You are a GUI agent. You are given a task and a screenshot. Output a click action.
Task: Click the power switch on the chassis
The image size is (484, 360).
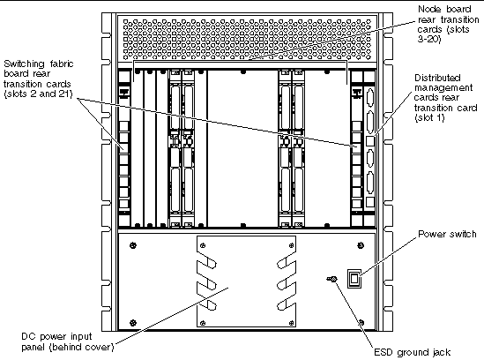point(354,279)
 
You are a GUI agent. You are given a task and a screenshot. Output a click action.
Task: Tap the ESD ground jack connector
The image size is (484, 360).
point(332,279)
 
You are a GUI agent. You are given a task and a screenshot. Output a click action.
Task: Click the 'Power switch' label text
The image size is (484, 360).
point(447,234)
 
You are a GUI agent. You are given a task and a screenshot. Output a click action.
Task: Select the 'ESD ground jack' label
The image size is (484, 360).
point(412,352)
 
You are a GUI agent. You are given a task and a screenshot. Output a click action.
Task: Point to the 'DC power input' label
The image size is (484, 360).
point(56,336)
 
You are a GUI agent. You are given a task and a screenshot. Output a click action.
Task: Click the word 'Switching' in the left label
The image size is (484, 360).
point(24,64)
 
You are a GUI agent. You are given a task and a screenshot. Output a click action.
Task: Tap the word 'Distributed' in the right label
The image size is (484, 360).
point(437,78)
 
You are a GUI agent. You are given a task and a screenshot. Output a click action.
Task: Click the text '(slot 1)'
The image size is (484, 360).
point(429,117)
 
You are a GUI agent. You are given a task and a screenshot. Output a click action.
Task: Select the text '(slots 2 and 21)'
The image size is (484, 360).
point(38,94)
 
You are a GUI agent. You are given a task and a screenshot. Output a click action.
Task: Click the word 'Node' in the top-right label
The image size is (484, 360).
point(428,10)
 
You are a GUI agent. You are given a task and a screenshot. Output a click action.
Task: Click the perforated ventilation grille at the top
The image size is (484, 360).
point(247,39)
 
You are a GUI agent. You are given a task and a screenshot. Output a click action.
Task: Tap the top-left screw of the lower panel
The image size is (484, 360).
point(133,245)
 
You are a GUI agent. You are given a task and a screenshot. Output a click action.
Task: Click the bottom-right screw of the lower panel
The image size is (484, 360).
point(361,323)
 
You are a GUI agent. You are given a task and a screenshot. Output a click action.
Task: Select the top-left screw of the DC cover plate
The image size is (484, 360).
point(203,245)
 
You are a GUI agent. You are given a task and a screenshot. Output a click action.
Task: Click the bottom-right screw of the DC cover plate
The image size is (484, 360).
point(291,323)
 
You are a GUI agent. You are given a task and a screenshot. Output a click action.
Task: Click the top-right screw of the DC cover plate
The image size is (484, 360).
point(291,245)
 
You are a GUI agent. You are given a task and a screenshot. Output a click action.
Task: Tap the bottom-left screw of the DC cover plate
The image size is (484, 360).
point(203,323)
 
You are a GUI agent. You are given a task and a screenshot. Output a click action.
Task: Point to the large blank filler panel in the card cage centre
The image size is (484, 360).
point(243,148)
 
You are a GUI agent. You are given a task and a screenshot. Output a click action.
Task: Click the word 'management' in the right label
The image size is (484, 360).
point(443,87)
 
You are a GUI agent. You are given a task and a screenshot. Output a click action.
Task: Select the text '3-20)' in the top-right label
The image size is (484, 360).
point(429,39)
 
